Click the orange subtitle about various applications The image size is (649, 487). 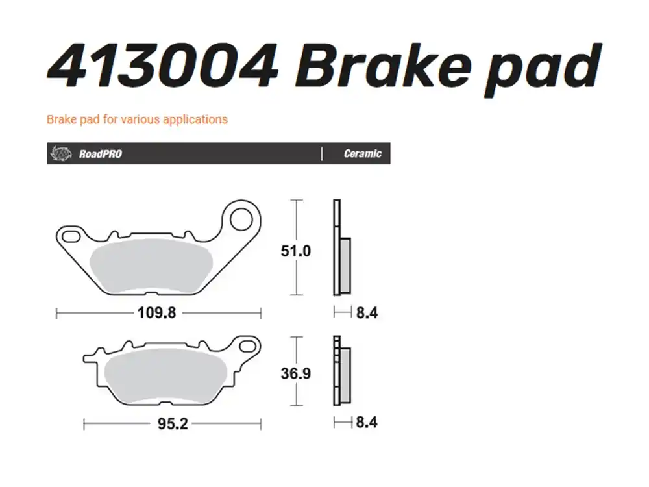pyautogui.click(x=137, y=119)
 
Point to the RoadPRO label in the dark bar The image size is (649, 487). pyautogui.click(x=100, y=154)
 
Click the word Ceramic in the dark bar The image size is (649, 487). pyautogui.click(x=362, y=154)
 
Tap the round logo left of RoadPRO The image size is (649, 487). pyautogui.click(x=60, y=154)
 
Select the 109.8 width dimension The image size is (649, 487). pyautogui.click(x=156, y=313)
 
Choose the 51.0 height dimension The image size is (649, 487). pyautogui.click(x=296, y=251)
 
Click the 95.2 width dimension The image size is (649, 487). pyautogui.click(x=173, y=424)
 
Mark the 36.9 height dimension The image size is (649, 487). pyautogui.click(x=296, y=374)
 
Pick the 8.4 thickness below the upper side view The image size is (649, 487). pyautogui.click(x=367, y=313)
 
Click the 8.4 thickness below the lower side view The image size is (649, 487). pyautogui.click(x=367, y=423)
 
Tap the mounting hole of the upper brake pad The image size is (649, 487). pyautogui.click(x=241, y=219)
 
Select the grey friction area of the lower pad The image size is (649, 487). pyautogui.click(x=167, y=377)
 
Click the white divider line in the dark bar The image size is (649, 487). pyautogui.click(x=322, y=154)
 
